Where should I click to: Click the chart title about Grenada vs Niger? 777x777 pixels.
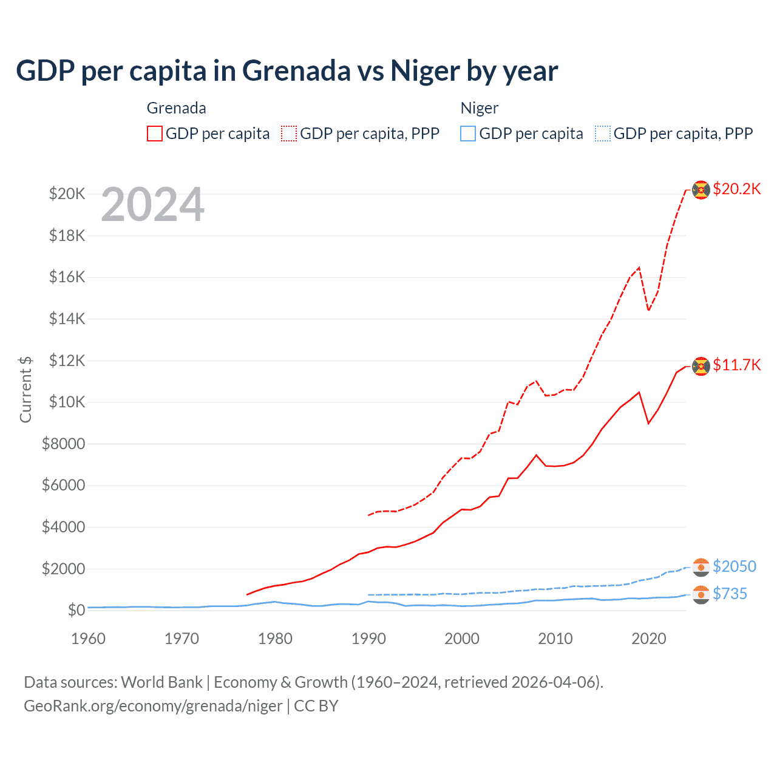tap(287, 71)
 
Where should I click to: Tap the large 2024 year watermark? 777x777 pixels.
tap(153, 205)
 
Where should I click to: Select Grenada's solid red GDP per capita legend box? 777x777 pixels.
tap(155, 134)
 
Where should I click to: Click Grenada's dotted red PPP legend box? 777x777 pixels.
tap(289, 134)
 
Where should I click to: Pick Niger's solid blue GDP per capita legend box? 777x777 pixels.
tap(468, 134)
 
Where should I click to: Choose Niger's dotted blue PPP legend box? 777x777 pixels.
tap(603, 134)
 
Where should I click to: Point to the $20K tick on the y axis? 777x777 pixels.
tap(67, 194)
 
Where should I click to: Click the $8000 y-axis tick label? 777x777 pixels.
tap(63, 444)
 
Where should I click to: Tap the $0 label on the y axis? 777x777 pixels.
tap(75, 610)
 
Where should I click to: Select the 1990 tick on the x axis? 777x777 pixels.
tap(368, 639)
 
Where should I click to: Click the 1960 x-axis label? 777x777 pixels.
tap(89, 639)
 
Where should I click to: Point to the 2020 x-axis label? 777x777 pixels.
tap(649, 639)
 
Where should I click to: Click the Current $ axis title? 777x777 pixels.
tap(25, 389)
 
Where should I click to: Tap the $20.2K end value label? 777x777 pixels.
tap(736, 189)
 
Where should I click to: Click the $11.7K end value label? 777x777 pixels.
tap(736, 365)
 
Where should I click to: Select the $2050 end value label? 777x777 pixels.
tap(734, 566)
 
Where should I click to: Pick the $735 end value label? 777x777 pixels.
tap(730, 594)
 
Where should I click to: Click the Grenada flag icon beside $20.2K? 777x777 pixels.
tap(701, 190)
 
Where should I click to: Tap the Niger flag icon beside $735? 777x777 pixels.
tap(701, 595)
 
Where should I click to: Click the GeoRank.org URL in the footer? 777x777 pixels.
tap(153, 706)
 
